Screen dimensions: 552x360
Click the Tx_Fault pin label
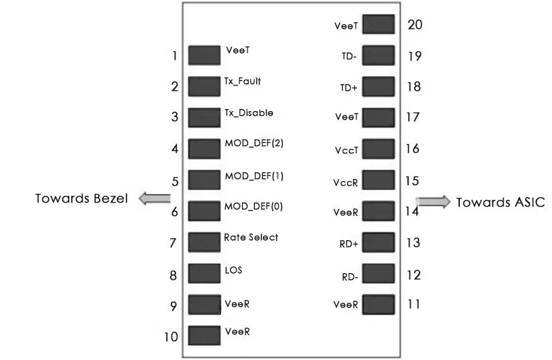point(243,81)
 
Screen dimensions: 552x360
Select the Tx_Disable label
point(249,113)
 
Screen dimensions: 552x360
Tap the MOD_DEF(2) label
point(254,143)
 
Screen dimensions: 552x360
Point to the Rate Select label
point(251,238)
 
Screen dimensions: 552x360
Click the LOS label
point(233,271)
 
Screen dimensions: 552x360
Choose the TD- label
point(349,57)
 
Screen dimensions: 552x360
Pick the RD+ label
point(348,244)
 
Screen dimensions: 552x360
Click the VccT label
point(346,151)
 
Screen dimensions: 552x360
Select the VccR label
point(346,182)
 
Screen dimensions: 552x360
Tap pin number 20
point(415,25)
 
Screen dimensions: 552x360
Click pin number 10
point(171,336)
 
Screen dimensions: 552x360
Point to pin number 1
point(175,56)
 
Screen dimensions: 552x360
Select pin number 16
point(413,149)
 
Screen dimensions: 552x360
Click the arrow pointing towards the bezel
point(155,199)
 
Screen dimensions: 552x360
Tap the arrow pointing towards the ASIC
point(433,202)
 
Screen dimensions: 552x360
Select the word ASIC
point(528,202)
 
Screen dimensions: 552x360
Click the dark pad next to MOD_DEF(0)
point(204,211)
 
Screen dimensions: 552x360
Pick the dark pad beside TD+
point(379,87)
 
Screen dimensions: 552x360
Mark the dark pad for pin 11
point(379,305)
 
